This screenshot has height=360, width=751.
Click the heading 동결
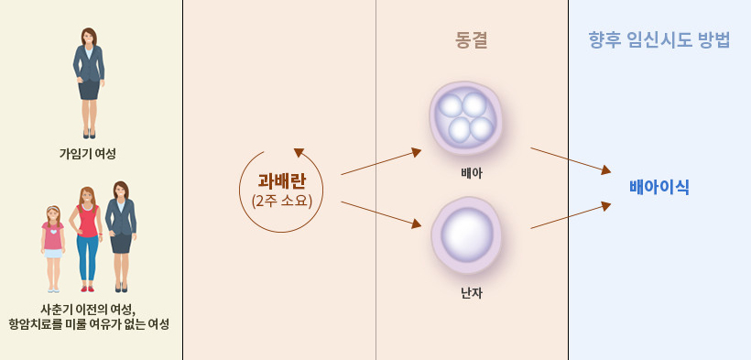click(x=471, y=40)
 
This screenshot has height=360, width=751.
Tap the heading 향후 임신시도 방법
click(x=659, y=40)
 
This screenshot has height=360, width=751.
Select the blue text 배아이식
click(x=659, y=187)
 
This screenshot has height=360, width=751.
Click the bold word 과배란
click(x=281, y=180)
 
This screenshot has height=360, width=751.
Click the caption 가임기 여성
click(x=88, y=153)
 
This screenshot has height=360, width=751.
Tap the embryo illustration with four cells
click(x=467, y=117)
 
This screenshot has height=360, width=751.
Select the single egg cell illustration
click(x=467, y=235)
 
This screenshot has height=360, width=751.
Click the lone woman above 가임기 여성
click(x=89, y=81)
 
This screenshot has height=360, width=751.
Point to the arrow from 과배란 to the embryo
click(x=380, y=161)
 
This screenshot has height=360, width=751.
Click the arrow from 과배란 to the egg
click(x=380, y=213)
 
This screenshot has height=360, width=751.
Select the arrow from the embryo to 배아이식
click(x=570, y=159)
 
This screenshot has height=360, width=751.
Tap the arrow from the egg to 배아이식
click(x=570, y=215)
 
